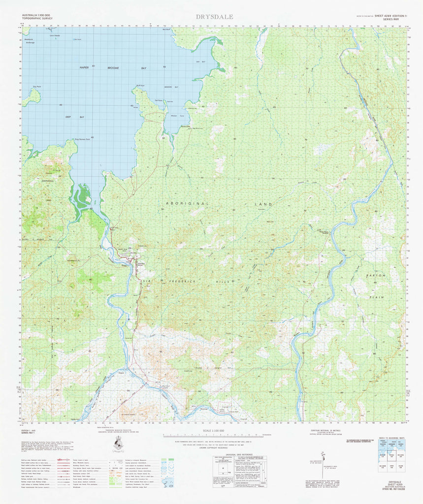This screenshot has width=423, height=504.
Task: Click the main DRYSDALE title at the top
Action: point(214,16)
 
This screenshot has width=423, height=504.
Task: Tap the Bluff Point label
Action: point(140,86)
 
